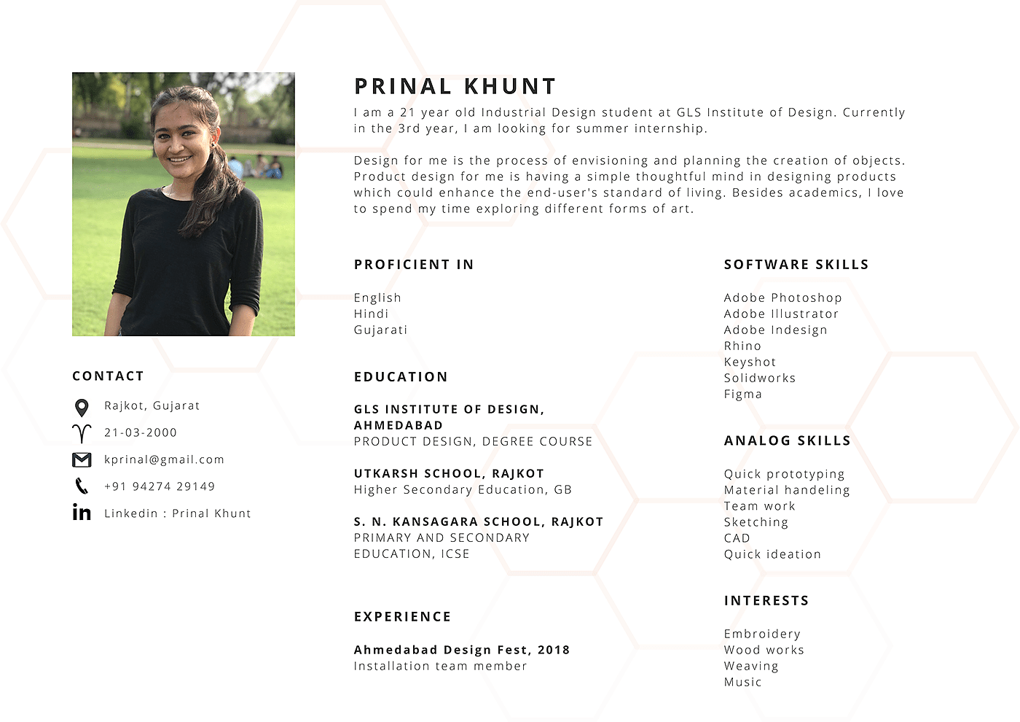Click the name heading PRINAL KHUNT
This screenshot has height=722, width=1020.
tap(455, 87)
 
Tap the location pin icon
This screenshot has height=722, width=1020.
tap(82, 408)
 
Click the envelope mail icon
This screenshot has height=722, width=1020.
tap(82, 459)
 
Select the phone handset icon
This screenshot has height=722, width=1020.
tap(82, 486)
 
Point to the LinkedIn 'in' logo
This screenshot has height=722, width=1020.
tap(82, 513)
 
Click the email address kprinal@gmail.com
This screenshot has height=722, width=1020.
tap(164, 459)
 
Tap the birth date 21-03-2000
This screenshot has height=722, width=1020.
tap(141, 432)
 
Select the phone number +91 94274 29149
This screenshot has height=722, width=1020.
tap(160, 486)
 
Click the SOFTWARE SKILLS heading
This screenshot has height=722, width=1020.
tap(796, 265)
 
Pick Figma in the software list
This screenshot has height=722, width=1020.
tap(742, 395)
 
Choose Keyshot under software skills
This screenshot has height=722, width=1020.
tap(750, 362)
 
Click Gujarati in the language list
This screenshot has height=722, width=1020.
tap(380, 330)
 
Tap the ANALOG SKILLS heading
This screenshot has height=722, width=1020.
tap(787, 440)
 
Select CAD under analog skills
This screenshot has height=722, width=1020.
tap(737, 538)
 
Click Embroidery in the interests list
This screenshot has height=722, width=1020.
tap(762, 634)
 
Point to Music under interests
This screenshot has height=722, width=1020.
tap(742, 682)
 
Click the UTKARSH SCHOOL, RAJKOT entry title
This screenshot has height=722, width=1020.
tap(449, 473)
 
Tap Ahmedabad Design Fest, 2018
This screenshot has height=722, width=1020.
tap(461, 650)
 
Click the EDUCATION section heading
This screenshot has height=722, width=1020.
tap(401, 377)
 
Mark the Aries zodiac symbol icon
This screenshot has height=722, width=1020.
tap(82, 433)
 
